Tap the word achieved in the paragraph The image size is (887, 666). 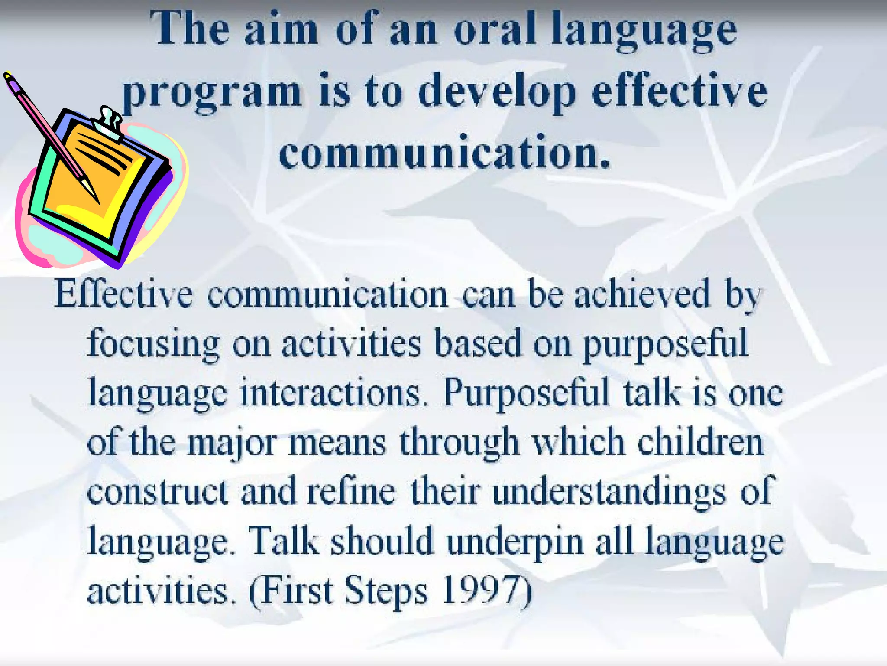pos(643,295)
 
